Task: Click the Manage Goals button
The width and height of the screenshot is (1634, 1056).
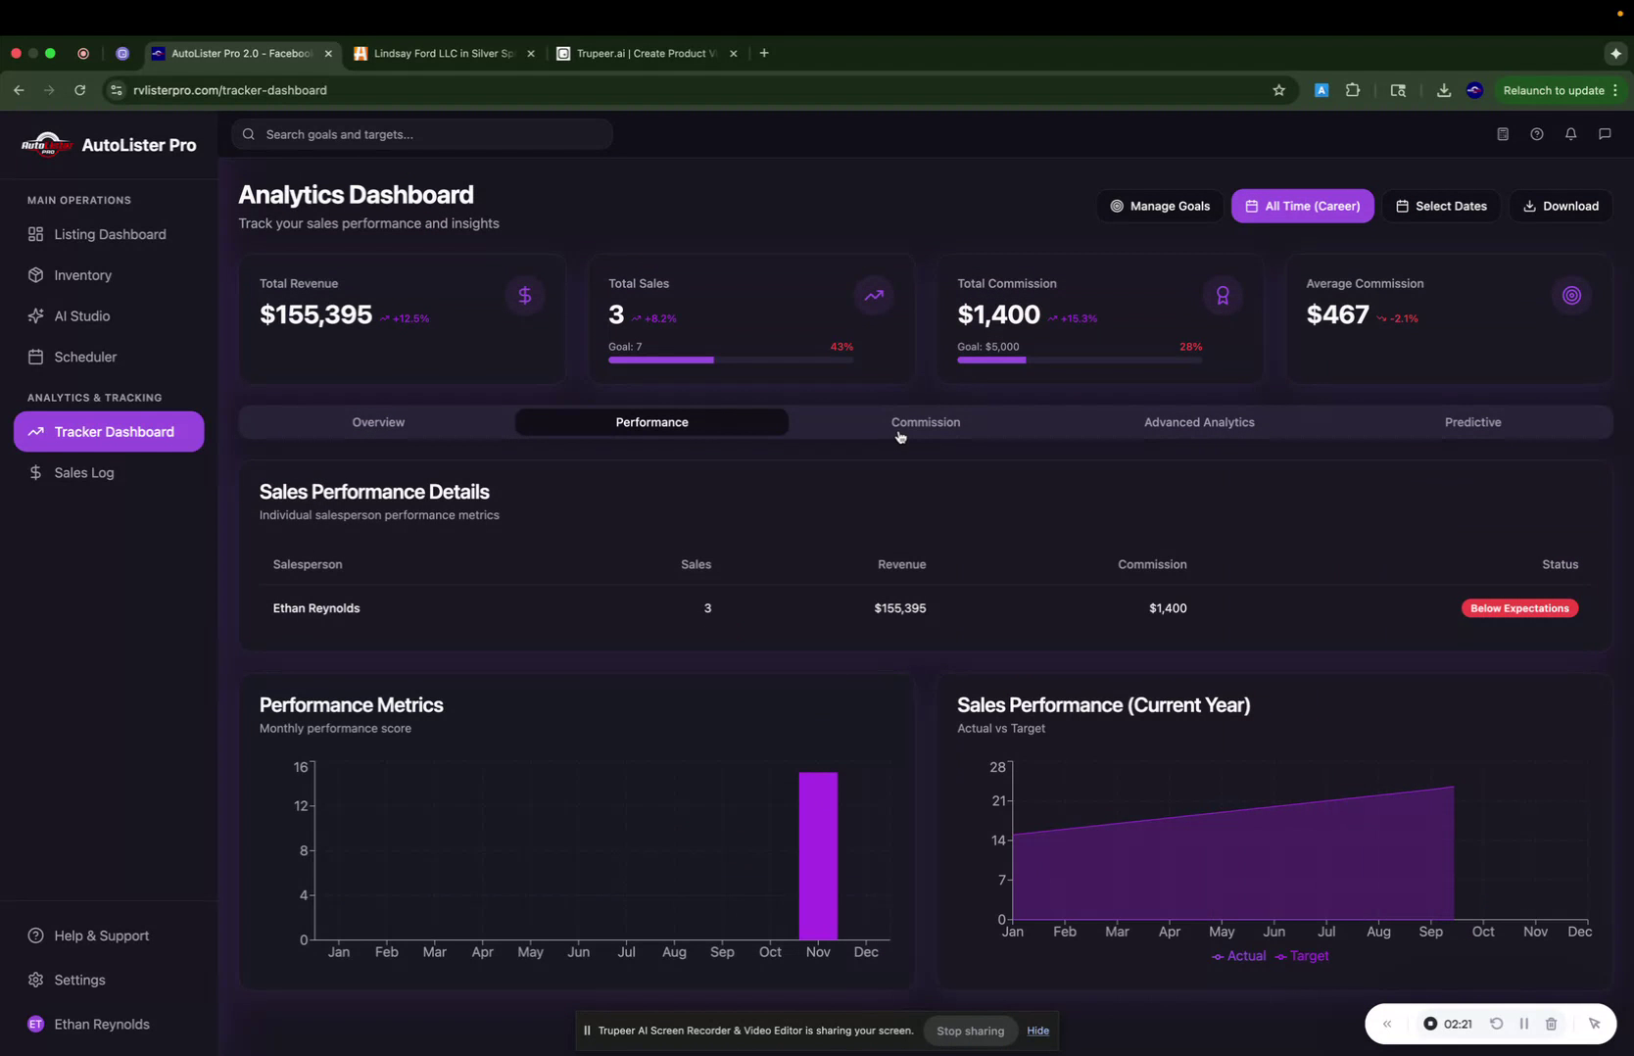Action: coord(1159,206)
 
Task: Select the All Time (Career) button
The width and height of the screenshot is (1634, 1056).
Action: coord(1302,206)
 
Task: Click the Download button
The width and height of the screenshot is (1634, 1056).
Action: coord(1561,206)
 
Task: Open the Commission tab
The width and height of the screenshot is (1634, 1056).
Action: coord(925,422)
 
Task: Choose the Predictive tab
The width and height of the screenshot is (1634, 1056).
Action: coord(1472,422)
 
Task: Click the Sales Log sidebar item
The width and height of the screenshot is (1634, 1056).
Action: coord(84,473)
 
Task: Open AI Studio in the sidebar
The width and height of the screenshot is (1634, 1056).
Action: coord(81,316)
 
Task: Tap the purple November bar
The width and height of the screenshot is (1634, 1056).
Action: coord(818,856)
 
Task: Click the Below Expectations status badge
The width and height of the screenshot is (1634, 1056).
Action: coord(1518,608)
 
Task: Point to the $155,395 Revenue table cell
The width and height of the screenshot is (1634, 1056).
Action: coord(899,608)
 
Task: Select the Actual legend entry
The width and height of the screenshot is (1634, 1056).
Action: coord(1239,956)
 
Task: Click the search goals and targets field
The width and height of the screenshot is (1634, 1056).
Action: coord(422,134)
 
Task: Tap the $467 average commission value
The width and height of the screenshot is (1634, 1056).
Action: coord(1337,314)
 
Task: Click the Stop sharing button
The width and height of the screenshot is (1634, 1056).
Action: coord(970,1031)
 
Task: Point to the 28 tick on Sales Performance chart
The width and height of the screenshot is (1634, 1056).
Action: coord(997,767)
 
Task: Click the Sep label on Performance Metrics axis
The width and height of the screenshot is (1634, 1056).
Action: coord(722,952)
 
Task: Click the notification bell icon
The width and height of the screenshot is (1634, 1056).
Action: coord(1570,134)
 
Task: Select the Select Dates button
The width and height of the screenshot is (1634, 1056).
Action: coord(1440,206)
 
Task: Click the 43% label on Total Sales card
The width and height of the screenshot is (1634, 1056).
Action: coord(841,347)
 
